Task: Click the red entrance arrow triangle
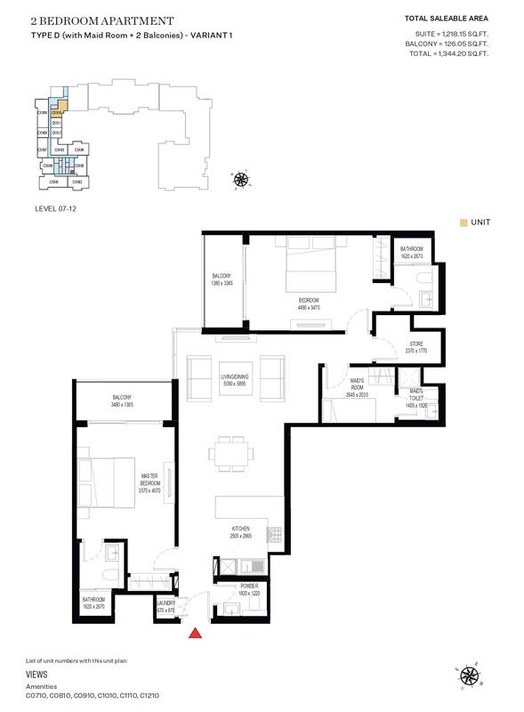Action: click(x=195, y=633)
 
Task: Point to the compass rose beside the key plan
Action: click(x=241, y=181)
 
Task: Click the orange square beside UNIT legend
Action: click(x=464, y=222)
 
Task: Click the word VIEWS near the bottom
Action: click(x=38, y=676)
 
